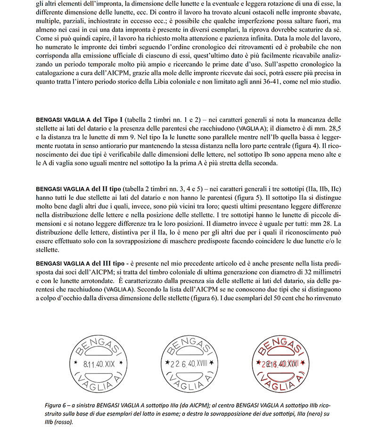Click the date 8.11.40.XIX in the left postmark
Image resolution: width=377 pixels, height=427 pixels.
(x=98, y=364)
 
